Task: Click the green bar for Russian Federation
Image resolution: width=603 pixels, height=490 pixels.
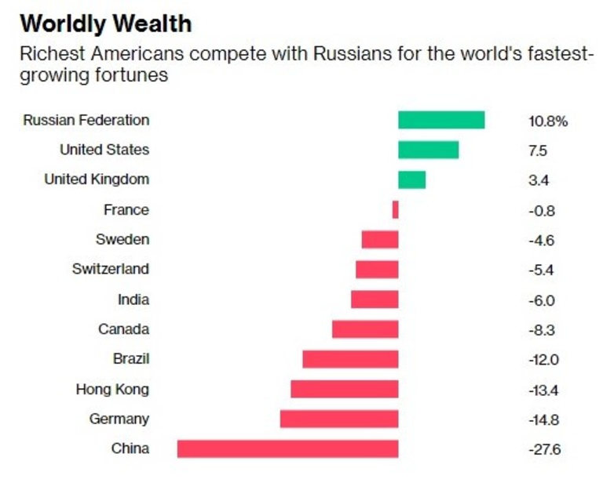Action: click(x=440, y=120)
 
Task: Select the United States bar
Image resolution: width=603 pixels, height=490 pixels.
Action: click(x=428, y=150)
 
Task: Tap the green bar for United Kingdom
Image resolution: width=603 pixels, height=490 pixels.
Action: click(x=411, y=180)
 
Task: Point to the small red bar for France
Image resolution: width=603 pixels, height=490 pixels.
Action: click(x=396, y=209)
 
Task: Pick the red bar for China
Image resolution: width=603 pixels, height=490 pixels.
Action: click(x=287, y=448)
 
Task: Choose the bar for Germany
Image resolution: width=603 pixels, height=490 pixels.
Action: click(x=339, y=419)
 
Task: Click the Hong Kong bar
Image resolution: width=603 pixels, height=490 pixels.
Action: click(x=344, y=389)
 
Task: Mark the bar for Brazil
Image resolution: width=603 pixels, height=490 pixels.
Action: click(x=350, y=359)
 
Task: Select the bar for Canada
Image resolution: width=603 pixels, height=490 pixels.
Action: click(x=365, y=329)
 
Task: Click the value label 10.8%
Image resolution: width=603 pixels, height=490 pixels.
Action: click(x=547, y=121)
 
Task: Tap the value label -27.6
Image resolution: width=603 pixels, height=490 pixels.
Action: click(x=544, y=449)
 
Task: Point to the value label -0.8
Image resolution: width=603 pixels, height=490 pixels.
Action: click(x=542, y=210)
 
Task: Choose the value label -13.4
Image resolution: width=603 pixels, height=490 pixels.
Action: click(x=544, y=390)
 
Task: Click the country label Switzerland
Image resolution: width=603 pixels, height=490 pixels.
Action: click(x=110, y=269)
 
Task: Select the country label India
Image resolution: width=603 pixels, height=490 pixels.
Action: click(x=133, y=299)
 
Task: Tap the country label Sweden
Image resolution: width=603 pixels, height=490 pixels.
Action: click(x=122, y=239)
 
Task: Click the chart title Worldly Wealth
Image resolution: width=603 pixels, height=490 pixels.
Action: click(x=105, y=23)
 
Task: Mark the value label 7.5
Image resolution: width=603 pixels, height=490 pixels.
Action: click(x=538, y=151)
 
